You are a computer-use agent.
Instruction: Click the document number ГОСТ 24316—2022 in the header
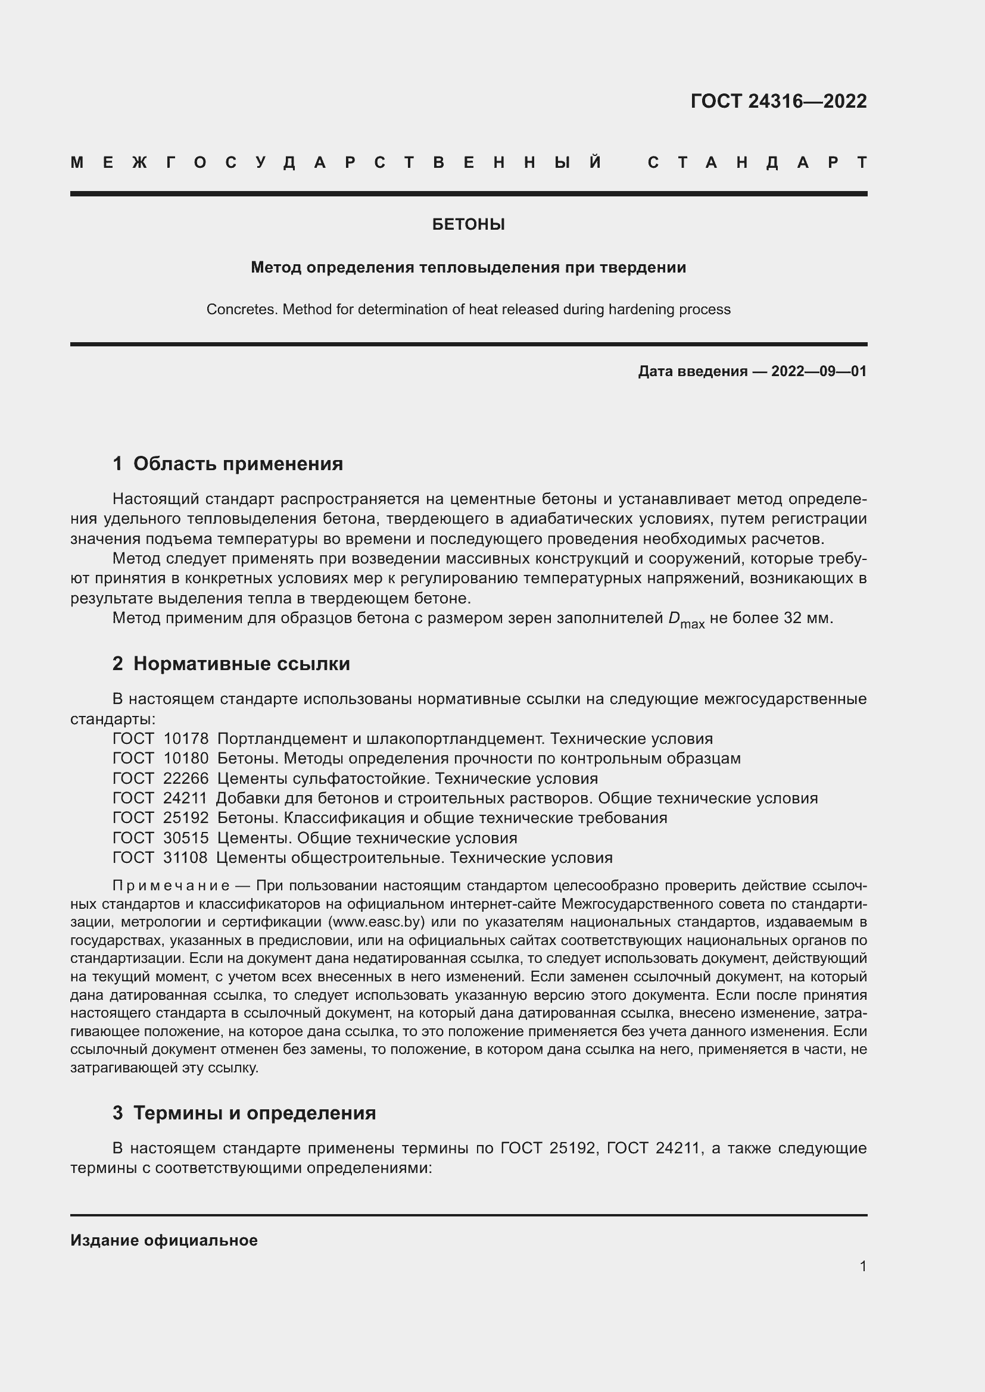click(778, 101)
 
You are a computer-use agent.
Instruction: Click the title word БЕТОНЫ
click(468, 225)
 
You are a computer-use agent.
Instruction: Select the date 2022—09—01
click(819, 371)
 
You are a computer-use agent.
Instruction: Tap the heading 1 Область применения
click(228, 464)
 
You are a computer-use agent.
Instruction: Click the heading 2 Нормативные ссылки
click(231, 664)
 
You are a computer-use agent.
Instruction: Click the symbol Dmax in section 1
click(685, 620)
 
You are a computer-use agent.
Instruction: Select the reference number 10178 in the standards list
click(186, 739)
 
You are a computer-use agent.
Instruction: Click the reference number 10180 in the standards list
click(186, 758)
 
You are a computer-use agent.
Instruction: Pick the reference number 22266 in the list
click(186, 778)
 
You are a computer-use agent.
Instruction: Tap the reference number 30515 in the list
click(186, 839)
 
